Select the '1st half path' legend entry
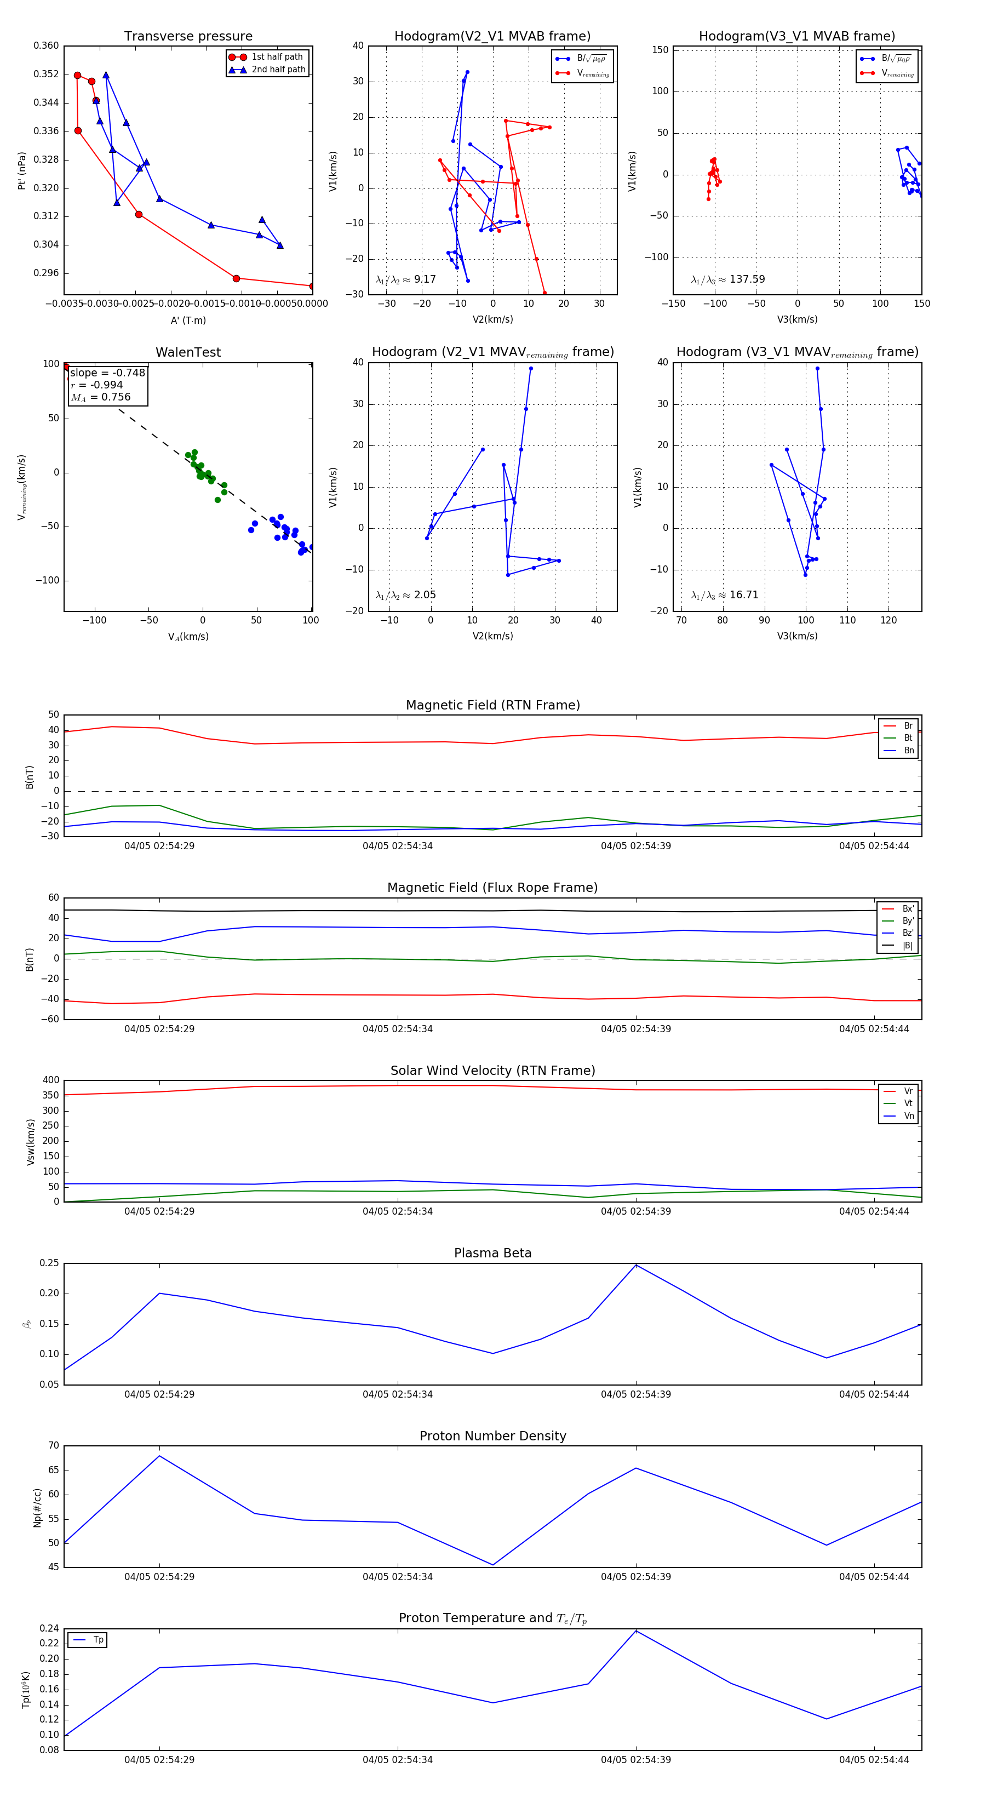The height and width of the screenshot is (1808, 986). pyautogui.click(x=277, y=57)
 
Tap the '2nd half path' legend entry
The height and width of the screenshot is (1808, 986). pyautogui.click(x=278, y=70)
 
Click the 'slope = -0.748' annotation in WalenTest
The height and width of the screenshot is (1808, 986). pyautogui.click(x=107, y=373)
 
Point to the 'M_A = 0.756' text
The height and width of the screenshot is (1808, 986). pyautogui.click(x=100, y=397)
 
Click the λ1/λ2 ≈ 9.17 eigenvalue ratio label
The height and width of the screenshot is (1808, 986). pyautogui.click(x=405, y=279)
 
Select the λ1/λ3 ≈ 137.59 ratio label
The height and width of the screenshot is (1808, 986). pyautogui.click(x=728, y=279)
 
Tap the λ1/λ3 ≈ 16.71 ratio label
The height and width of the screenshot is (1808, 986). pyautogui.click(x=725, y=595)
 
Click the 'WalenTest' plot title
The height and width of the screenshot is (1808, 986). pyautogui.click(x=188, y=352)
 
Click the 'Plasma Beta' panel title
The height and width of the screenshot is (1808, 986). pyautogui.click(x=492, y=1253)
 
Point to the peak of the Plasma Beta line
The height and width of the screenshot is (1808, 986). pyautogui.click(x=636, y=1265)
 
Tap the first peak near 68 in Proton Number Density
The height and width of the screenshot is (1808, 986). pyautogui.click(x=159, y=1456)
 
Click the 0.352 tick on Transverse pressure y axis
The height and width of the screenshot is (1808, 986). pyautogui.click(x=47, y=74)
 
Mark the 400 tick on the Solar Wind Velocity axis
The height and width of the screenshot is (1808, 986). pyautogui.click(x=50, y=1080)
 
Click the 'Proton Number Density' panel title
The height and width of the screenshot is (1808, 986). pyautogui.click(x=492, y=1436)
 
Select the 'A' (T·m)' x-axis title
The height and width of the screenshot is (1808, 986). pyautogui.click(x=188, y=320)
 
